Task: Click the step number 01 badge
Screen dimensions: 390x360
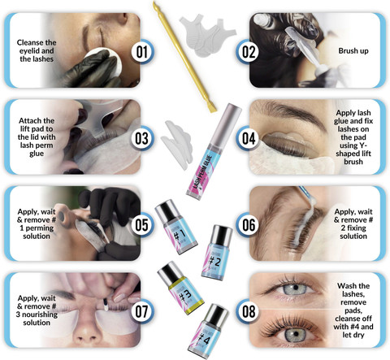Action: pos(142,51)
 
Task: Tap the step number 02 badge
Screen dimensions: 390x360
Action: pos(248,51)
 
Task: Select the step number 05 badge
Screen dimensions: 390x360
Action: pos(142,225)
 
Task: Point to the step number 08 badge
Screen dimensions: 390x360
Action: pos(248,311)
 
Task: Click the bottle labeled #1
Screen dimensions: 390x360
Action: pos(176,227)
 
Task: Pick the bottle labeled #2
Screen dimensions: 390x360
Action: pos(216,253)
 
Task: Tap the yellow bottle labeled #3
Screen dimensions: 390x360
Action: pos(180,288)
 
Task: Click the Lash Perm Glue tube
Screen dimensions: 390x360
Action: pos(214,151)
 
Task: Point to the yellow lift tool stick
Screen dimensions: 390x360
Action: pos(184,58)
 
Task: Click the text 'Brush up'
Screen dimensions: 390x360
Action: pos(353,50)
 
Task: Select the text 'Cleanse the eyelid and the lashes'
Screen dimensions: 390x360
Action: pos(37,50)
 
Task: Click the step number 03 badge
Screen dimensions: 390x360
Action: pos(142,138)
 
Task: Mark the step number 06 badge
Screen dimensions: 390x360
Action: pos(248,225)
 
